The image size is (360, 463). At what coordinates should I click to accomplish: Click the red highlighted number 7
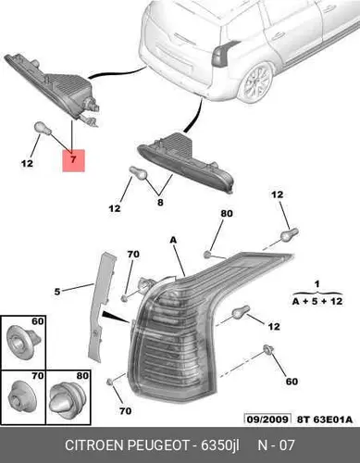coord(73,160)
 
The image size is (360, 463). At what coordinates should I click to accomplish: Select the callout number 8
coord(160,203)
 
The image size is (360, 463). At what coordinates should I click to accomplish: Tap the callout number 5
coord(57,292)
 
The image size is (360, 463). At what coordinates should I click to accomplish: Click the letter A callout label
coord(174,240)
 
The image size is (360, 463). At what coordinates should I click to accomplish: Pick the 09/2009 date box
coord(267,419)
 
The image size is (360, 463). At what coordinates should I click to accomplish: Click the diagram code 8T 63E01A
coord(325,419)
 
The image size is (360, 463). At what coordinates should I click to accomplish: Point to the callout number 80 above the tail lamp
coord(227,213)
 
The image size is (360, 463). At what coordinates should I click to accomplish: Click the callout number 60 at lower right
coord(292,382)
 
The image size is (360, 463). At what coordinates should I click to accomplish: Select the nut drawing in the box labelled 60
coord(22,342)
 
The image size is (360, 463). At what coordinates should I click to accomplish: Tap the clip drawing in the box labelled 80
coord(68,402)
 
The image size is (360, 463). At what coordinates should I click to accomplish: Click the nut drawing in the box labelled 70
coord(23,396)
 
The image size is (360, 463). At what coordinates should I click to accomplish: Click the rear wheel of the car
coord(256,82)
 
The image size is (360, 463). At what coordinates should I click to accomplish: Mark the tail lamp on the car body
coord(222,54)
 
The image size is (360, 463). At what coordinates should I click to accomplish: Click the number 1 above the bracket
coord(317,283)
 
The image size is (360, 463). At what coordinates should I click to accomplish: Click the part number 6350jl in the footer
coord(220,445)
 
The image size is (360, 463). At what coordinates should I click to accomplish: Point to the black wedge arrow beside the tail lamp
coord(114,317)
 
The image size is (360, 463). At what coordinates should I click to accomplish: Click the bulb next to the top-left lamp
coord(43,129)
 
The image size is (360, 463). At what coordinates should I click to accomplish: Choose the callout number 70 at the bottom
coord(125,411)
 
